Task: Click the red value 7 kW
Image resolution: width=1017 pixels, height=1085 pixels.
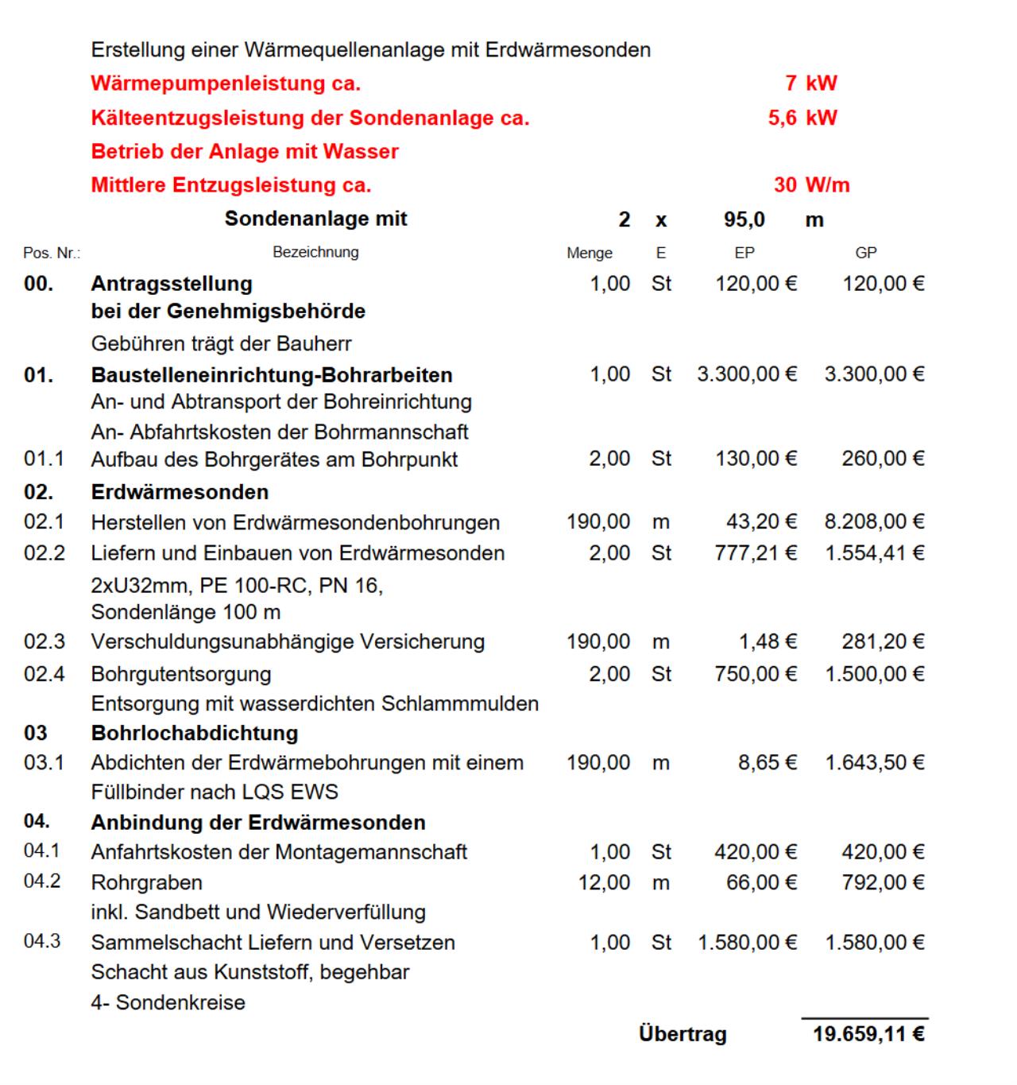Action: pyautogui.click(x=811, y=83)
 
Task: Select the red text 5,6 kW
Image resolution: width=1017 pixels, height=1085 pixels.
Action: pyautogui.click(x=802, y=118)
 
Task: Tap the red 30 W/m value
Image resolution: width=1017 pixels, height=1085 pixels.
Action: pyautogui.click(x=811, y=185)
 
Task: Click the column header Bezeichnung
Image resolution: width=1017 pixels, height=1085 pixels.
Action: pyautogui.click(x=315, y=252)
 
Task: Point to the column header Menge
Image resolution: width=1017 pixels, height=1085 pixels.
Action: pyautogui.click(x=590, y=253)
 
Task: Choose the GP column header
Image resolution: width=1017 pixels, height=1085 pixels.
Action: pyautogui.click(x=866, y=253)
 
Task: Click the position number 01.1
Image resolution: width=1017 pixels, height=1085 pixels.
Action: pyautogui.click(x=44, y=459)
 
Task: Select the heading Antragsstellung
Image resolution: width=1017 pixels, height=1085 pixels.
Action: pyautogui.click(x=172, y=284)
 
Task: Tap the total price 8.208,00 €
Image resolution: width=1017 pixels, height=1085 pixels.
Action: pyautogui.click(x=874, y=522)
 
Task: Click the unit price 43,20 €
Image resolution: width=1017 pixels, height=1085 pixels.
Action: pyautogui.click(x=761, y=522)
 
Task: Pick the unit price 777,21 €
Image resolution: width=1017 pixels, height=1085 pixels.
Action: pyautogui.click(x=756, y=553)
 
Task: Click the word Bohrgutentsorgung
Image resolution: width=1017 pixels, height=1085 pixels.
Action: pyautogui.click(x=181, y=674)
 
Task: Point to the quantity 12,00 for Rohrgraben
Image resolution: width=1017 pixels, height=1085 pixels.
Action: pyautogui.click(x=604, y=882)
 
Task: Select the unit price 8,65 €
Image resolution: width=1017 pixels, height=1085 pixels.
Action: pyautogui.click(x=768, y=763)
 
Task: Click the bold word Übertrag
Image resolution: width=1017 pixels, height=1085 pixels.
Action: pyautogui.click(x=683, y=1034)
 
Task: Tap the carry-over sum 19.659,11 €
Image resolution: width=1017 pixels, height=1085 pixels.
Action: pyautogui.click(x=868, y=1034)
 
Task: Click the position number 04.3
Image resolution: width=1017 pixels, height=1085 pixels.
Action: pyautogui.click(x=42, y=942)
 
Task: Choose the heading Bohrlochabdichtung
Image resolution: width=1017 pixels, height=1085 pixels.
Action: pyautogui.click(x=195, y=733)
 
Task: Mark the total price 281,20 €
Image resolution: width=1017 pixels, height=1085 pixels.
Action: pyautogui.click(x=883, y=642)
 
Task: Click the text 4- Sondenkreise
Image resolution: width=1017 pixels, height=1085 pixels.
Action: pyautogui.click(x=168, y=1002)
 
